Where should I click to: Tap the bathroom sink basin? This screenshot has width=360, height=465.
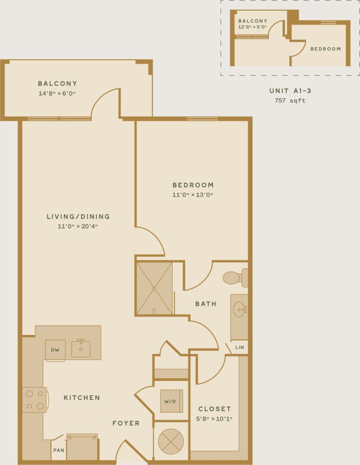coord(240,310)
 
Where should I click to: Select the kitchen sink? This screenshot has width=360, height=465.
coord(81,349)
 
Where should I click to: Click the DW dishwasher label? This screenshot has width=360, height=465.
coord(55,350)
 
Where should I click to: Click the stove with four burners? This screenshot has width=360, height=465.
coord(34,400)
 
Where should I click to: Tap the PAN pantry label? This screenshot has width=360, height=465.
coord(59,450)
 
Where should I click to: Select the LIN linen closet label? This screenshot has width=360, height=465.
coord(239,347)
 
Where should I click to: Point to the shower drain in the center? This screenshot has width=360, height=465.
coord(154,288)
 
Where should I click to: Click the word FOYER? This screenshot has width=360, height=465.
coord(126,423)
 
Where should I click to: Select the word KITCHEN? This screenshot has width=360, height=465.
coord(82,397)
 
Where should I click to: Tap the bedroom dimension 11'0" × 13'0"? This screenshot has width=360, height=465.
coord(193,195)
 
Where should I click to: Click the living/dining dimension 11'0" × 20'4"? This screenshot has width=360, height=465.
coord(78,226)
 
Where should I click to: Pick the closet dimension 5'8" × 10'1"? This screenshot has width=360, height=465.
coord(214,419)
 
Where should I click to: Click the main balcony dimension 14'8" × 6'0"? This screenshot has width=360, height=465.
coord(57,93)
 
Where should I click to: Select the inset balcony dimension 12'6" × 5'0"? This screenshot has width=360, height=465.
coord(252,27)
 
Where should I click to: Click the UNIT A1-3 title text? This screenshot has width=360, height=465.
coord(290,90)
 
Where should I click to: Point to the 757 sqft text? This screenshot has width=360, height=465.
coord(290,100)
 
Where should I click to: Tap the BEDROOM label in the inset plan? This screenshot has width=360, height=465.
coord(326,49)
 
